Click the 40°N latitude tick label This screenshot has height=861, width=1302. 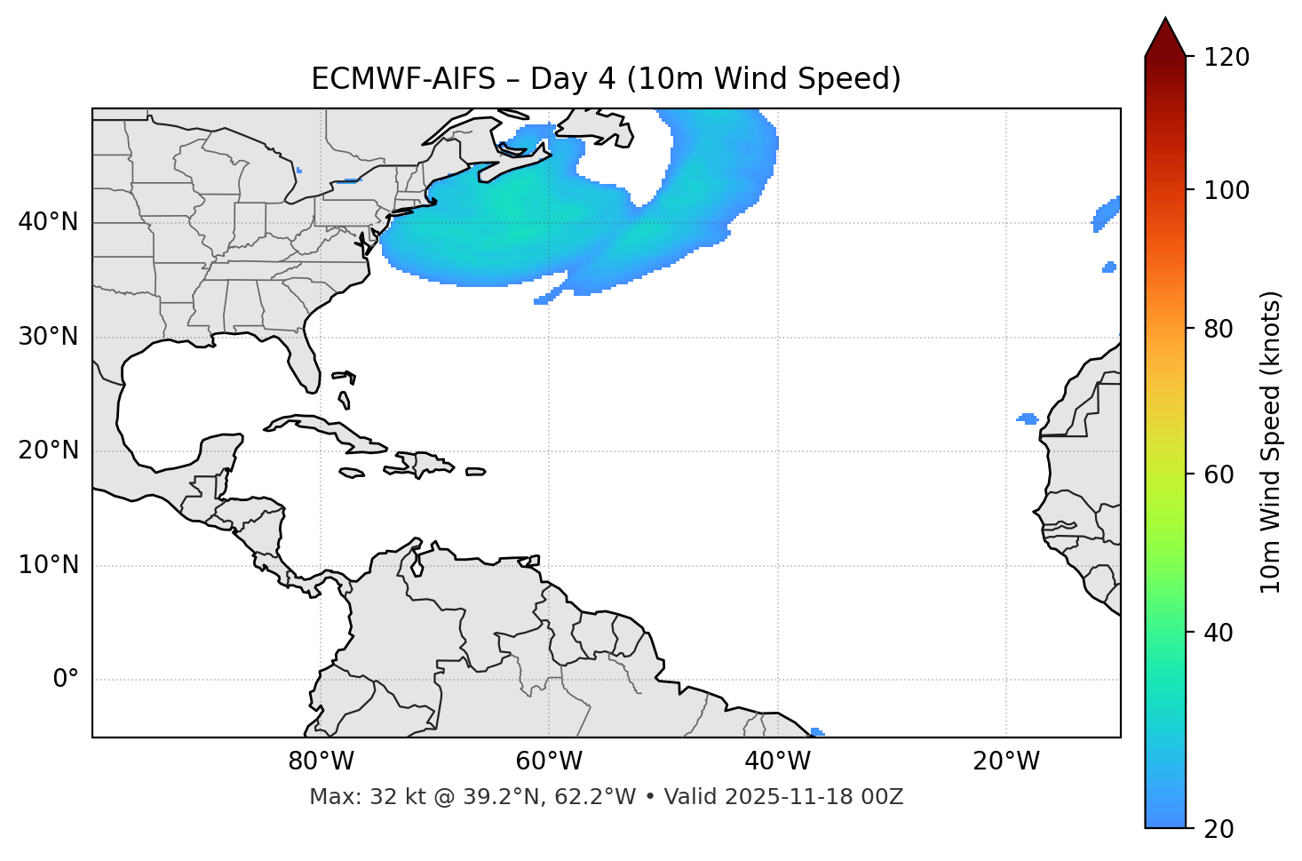tap(48, 222)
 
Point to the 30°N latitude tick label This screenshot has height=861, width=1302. tap(48, 337)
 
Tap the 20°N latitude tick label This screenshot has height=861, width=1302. tap(48, 450)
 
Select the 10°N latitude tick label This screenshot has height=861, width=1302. tap(48, 565)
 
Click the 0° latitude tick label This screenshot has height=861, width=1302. tap(66, 680)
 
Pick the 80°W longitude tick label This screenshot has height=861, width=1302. tap(321, 761)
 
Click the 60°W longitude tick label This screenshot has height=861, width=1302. tap(549, 761)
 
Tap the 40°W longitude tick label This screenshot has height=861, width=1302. tap(777, 761)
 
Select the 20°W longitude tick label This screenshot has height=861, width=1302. tap(1005, 761)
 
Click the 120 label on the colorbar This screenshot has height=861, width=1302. tap(1227, 58)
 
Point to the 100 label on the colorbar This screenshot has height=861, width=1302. tap(1227, 190)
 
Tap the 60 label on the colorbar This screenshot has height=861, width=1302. tap(1219, 474)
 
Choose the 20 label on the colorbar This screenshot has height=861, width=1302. tap(1219, 829)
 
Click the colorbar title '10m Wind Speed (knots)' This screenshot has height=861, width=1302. tap(1271, 442)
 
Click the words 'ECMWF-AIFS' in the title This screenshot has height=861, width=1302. tap(402, 79)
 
